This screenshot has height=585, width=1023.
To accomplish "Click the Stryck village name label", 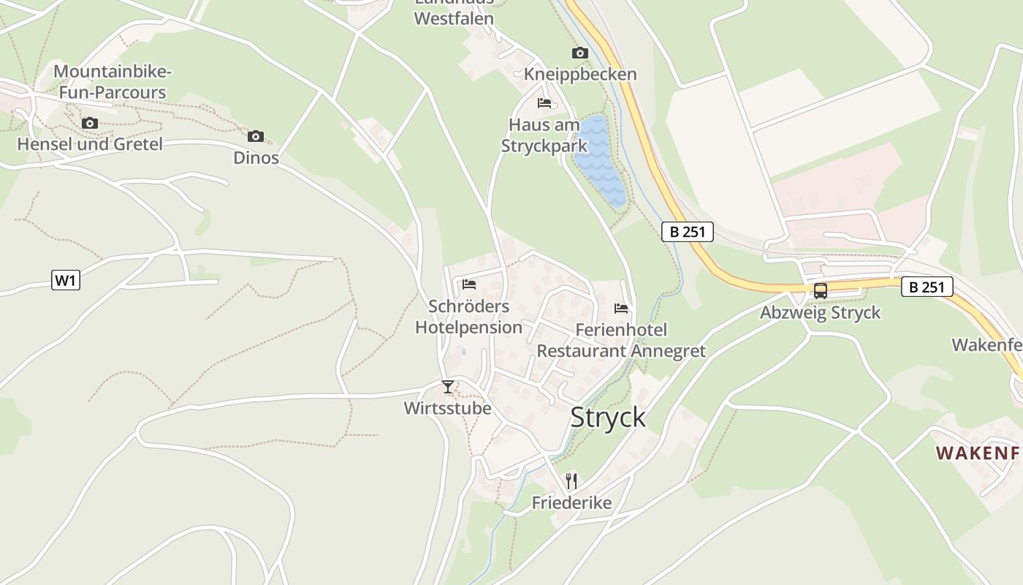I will click(608, 417).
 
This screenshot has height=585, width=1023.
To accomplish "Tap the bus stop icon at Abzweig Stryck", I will click(821, 290).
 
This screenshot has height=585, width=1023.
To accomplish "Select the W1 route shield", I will click(66, 280).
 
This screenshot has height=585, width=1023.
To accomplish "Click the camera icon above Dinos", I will click(256, 136).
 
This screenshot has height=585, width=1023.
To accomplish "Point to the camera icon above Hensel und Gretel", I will click(90, 123).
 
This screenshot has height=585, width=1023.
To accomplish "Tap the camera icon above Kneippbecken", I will click(580, 53).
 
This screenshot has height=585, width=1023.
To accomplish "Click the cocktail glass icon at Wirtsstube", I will click(448, 386).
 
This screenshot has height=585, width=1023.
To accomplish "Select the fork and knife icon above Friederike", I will click(571, 480).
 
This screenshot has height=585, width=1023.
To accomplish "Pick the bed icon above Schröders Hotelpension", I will click(469, 284).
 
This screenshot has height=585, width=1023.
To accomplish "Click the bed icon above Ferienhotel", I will click(621, 308).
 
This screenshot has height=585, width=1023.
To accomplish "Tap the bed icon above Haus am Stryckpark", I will click(544, 102).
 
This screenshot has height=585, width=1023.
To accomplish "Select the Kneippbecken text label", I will click(580, 75).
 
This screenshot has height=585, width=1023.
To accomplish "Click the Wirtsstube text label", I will click(448, 408).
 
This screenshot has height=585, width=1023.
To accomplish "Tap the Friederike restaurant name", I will click(571, 502).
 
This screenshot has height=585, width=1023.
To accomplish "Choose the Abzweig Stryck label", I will click(821, 313).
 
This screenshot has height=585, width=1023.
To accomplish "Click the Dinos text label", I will click(256, 158).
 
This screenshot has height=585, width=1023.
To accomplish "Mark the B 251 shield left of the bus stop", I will click(687, 232).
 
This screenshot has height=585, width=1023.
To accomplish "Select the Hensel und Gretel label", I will click(90, 144).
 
